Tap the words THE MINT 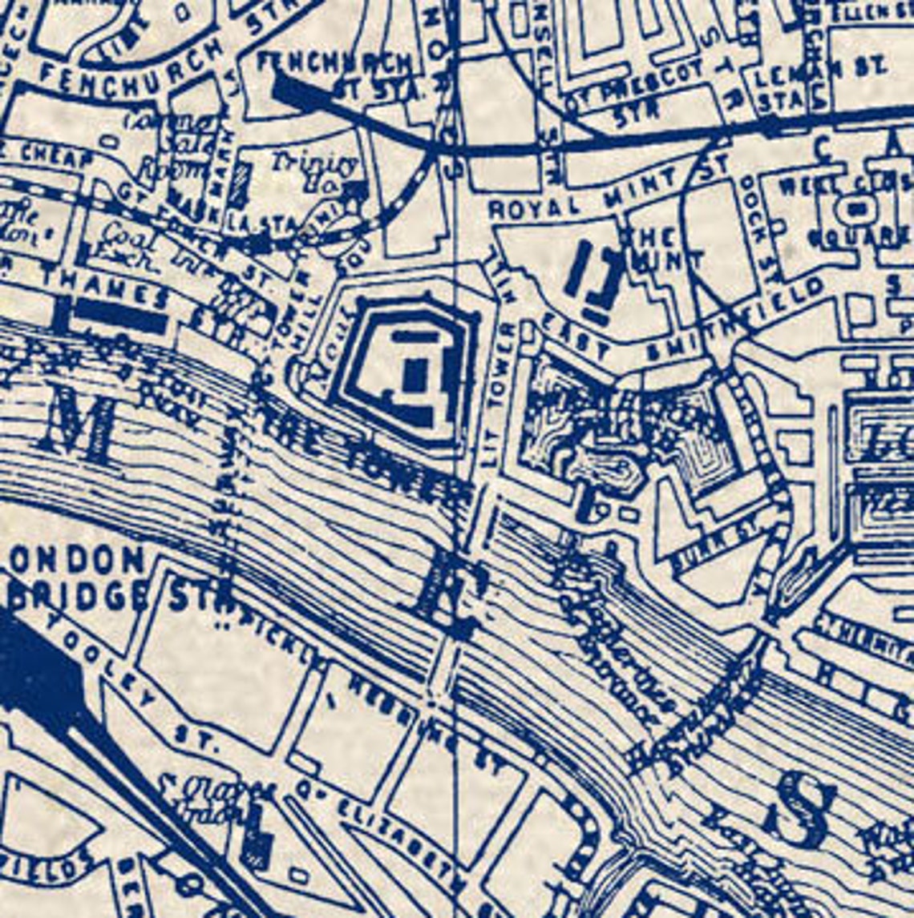(661, 248)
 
